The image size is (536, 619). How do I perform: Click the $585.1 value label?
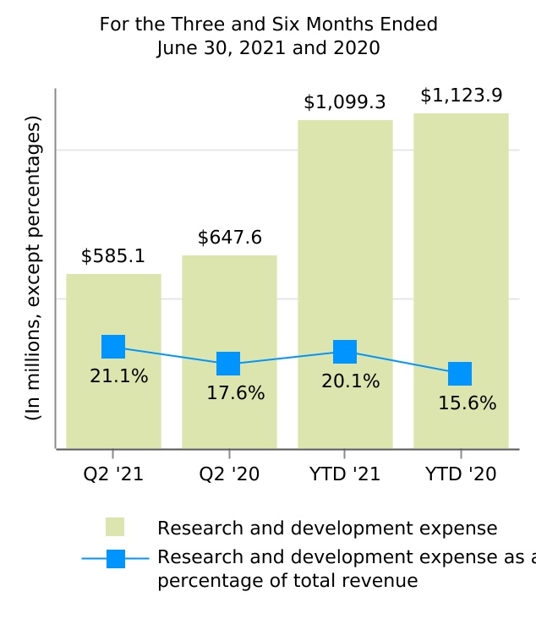coord(113,255)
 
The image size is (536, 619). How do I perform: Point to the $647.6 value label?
coord(229,238)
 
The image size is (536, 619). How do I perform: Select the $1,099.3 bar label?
coord(345,102)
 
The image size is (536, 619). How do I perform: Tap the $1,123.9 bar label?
coord(461,96)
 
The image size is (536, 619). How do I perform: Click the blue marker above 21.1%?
coord(113,347)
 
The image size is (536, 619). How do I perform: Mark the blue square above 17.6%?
coord(228,364)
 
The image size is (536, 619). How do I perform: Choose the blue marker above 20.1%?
coord(345,352)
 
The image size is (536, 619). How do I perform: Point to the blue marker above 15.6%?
coord(460,374)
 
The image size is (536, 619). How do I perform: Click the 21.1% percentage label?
coord(119,376)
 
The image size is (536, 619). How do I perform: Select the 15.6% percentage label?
coord(467,403)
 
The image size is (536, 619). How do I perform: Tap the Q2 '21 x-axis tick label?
coord(113,474)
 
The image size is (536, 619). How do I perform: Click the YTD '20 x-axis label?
coord(461,474)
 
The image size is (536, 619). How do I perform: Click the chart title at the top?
coord(269,36)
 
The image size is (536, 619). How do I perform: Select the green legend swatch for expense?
coord(115,527)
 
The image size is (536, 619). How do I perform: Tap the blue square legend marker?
coord(116,559)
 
